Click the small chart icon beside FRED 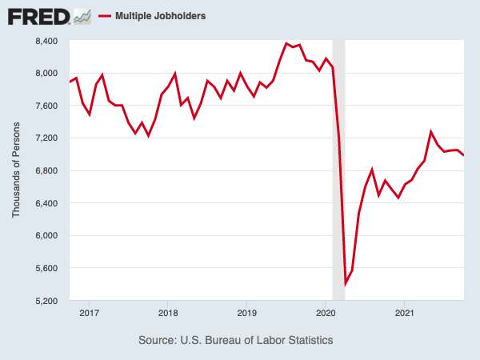pyautogui.click(x=82, y=15)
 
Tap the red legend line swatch pyautogui.click(x=103, y=16)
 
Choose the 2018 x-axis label pyautogui.click(x=167, y=312)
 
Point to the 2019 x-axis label pyautogui.click(x=246, y=312)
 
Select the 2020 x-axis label pyautogui.click(x=326, y=312)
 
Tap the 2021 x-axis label pyautogui.click(x=405, y=312)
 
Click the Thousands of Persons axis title pyautogui.click(x=16, y=170)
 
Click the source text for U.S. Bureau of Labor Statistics pyautogui.click(x=235, y=340)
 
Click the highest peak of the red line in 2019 pyautogui.click(x=286, y=43)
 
